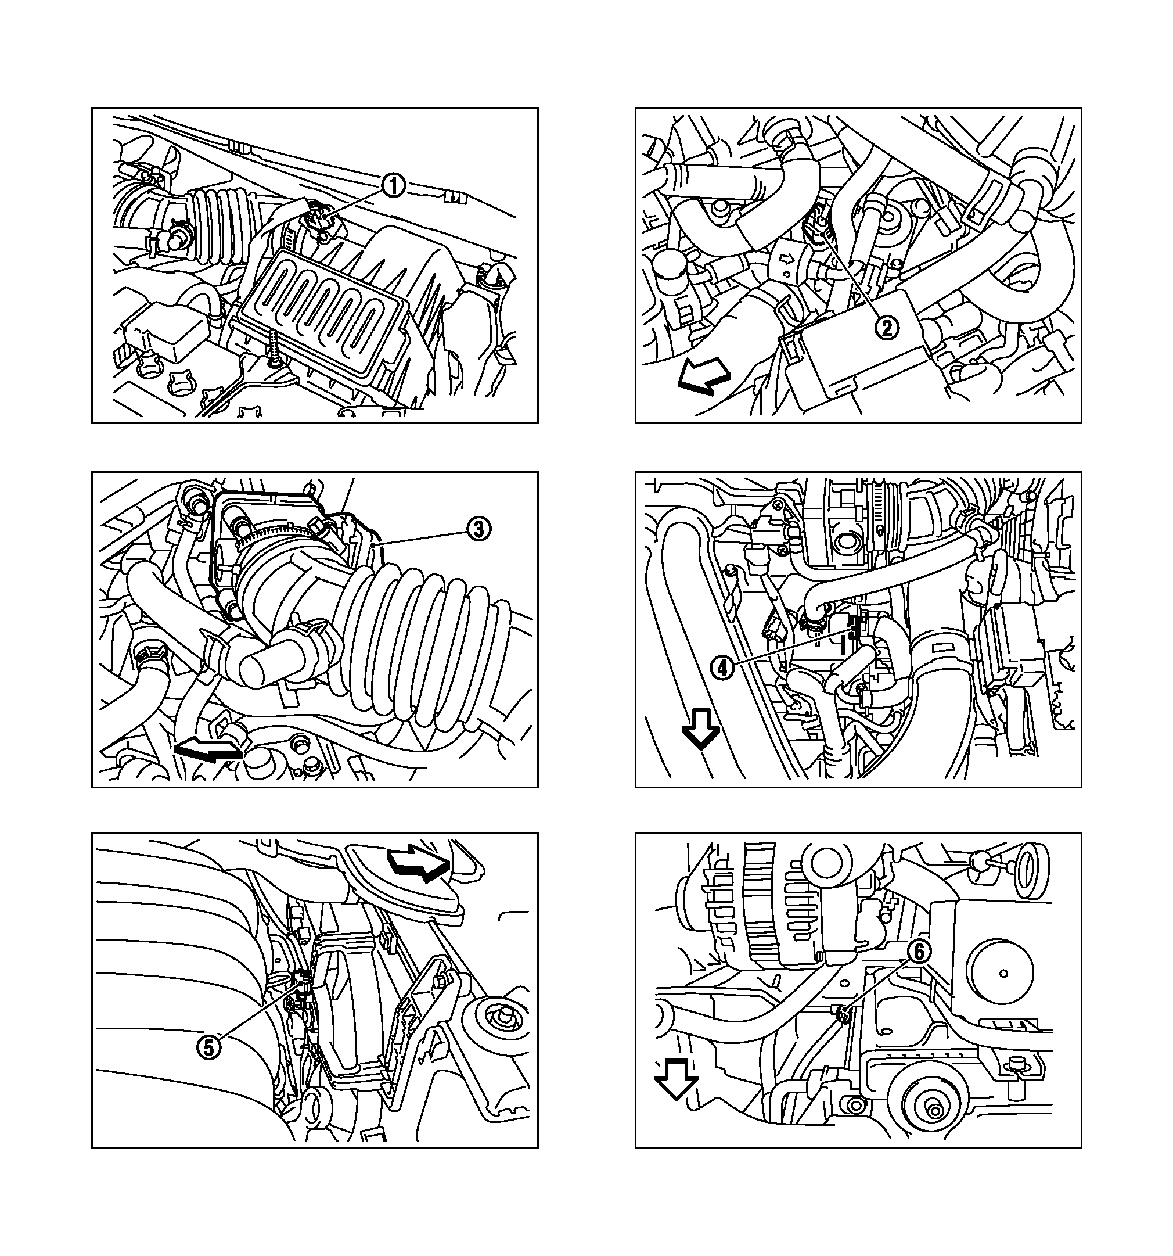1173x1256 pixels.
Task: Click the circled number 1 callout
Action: point(394,186)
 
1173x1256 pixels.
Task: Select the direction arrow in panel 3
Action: point(208,751)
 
